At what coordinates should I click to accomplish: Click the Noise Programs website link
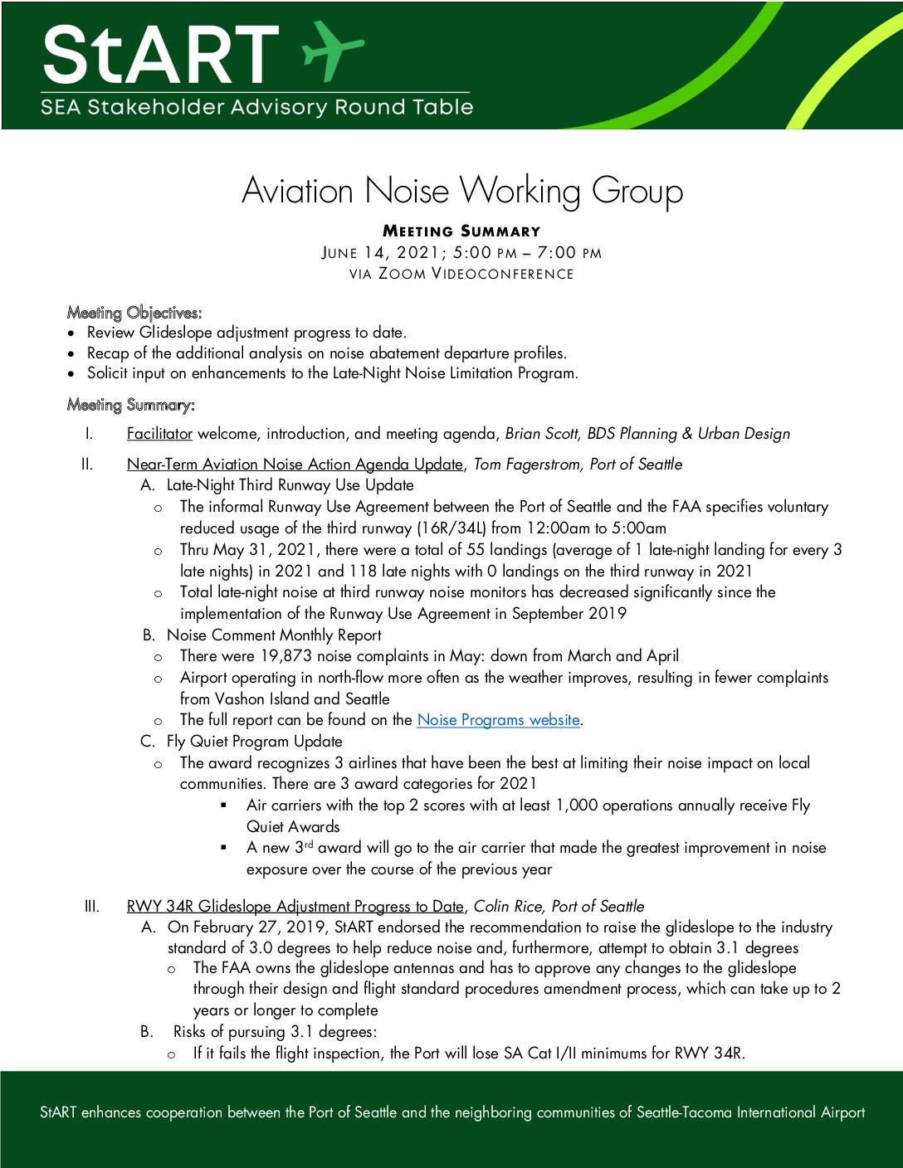pos(498,720)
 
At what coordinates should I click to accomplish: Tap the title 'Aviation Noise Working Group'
pos(461,191)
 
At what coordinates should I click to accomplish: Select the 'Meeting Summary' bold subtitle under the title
pos(461,231)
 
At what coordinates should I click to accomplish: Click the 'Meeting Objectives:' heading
pos(134,313)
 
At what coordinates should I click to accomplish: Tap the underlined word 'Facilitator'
pos(159,434)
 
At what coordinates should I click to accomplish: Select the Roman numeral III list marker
pos(92,907)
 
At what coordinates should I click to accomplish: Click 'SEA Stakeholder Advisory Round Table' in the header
pos(257,107)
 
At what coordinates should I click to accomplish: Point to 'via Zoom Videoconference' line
pos(461,275)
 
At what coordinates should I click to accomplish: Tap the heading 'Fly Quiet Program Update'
pos(254,742)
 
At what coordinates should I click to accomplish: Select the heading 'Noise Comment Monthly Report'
pos(274,635)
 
